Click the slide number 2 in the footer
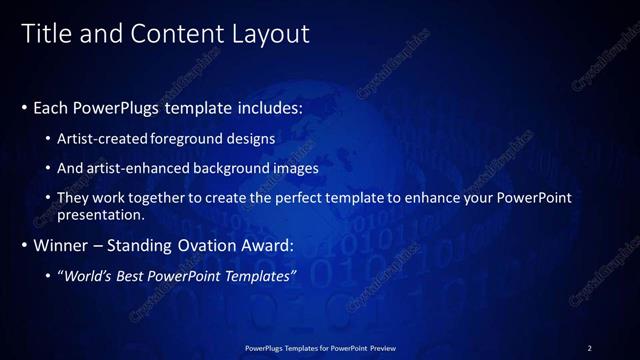click(x=590, y=348)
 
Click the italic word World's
click(x=87, y=275)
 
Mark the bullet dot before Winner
click(x=24, y=245)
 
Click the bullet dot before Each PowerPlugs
click(x=24, y=107)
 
